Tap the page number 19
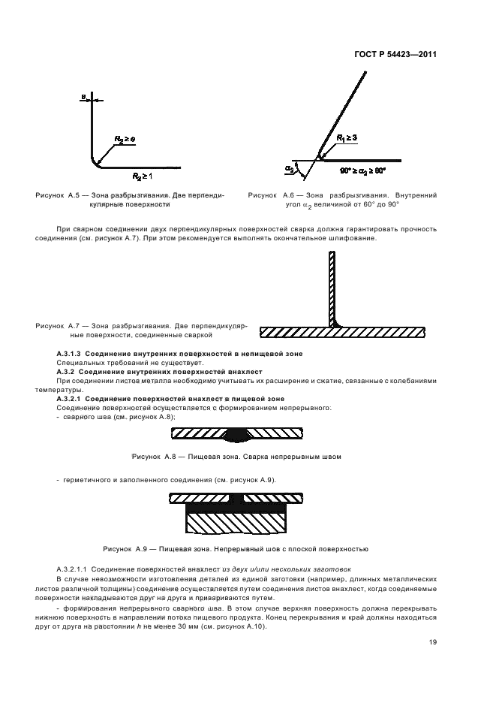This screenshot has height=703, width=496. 433,642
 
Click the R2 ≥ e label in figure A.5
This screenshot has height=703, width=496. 125,140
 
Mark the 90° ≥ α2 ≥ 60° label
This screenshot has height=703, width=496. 362,170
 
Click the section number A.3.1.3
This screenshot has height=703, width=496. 73,353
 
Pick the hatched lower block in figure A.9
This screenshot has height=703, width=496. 236,521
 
